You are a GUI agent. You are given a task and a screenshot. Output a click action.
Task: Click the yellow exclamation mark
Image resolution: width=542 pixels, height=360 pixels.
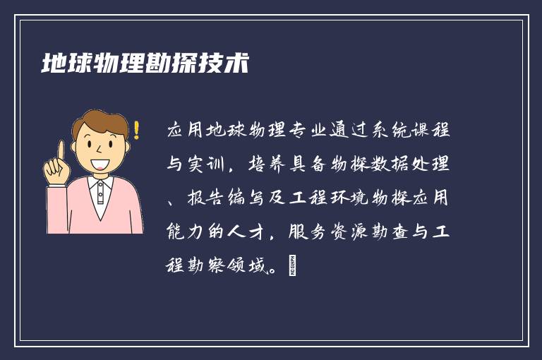point(136,130)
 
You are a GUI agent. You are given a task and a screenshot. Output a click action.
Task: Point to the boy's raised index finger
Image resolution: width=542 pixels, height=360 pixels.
point(61,150)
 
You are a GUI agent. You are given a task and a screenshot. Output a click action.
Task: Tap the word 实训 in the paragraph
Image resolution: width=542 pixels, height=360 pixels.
point(210,165)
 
